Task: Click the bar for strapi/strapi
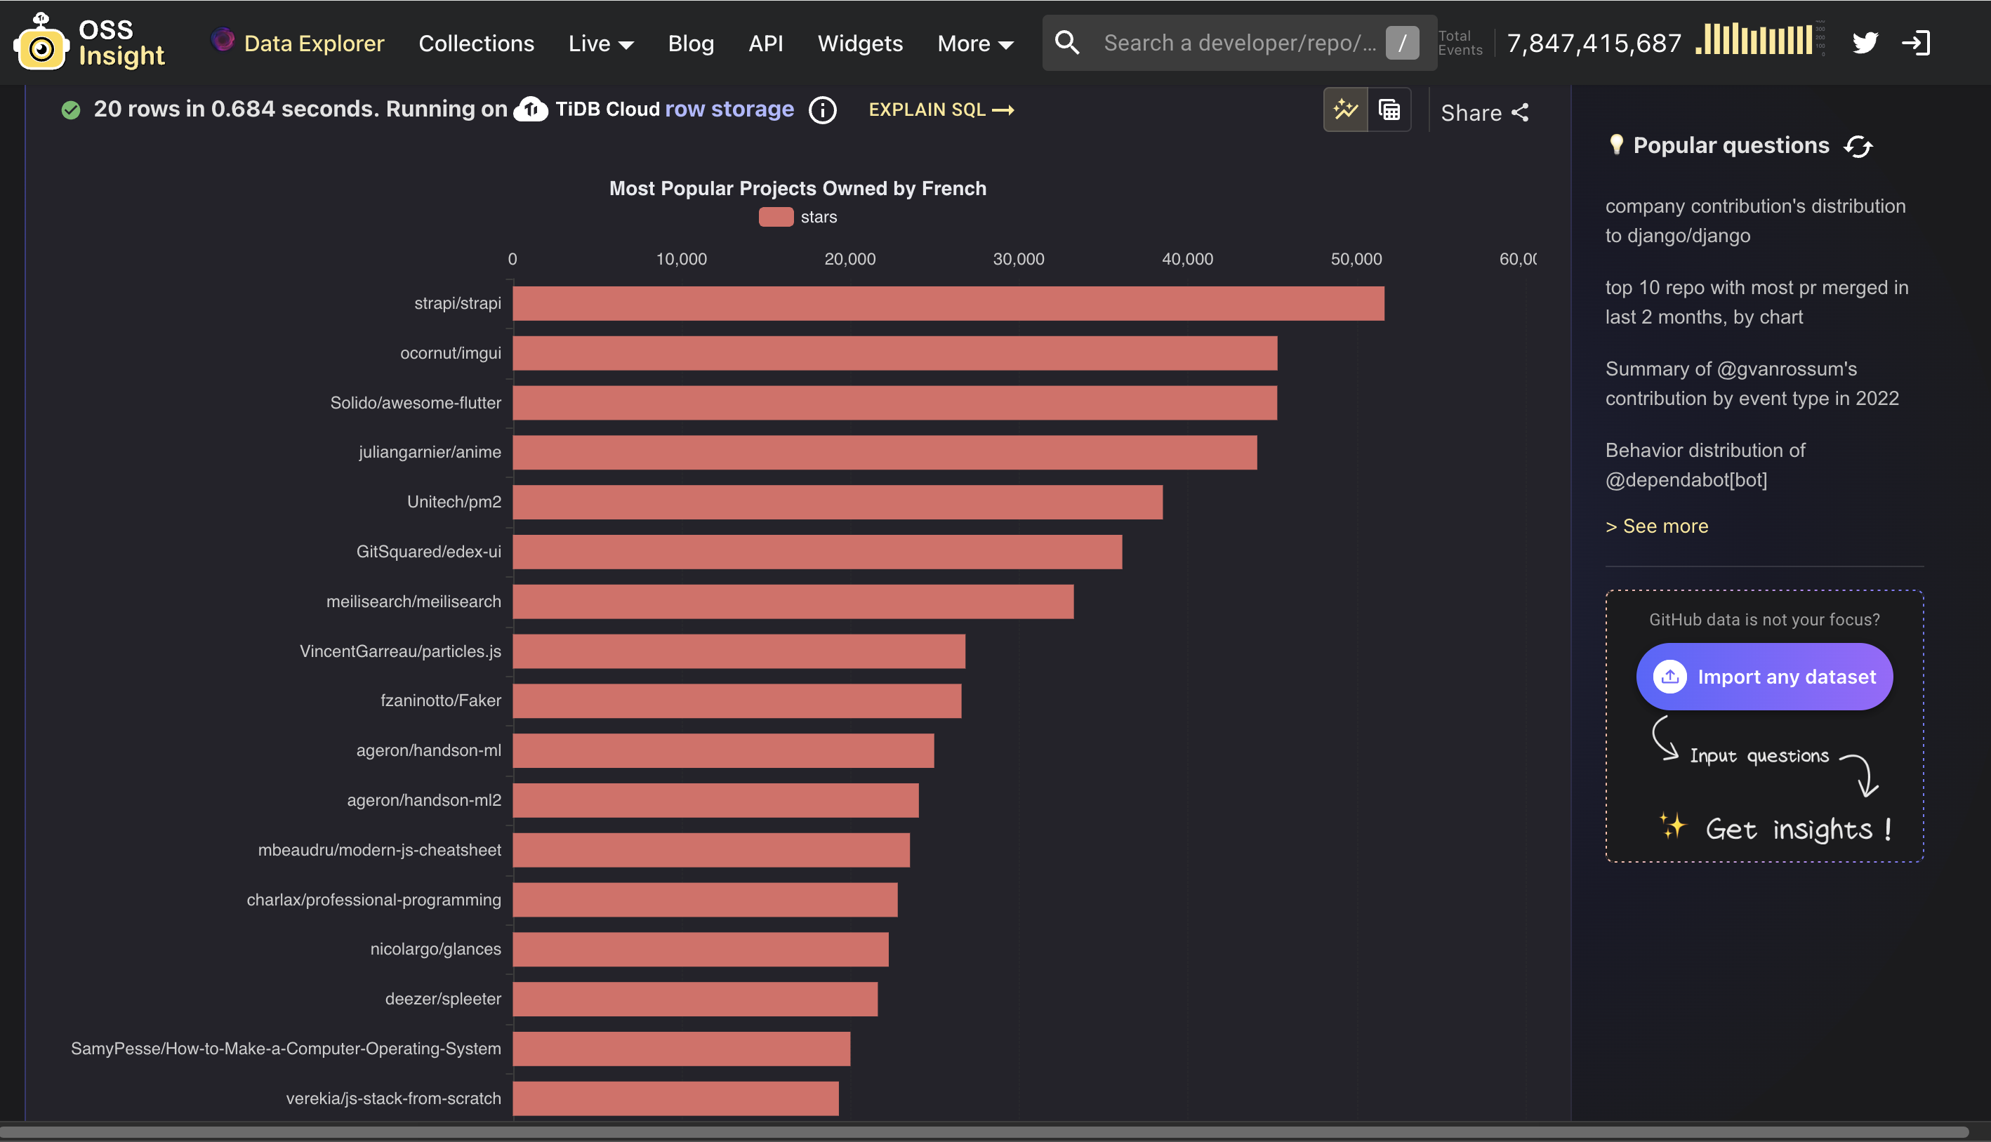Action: (x=948, y=303)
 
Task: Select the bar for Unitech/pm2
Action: (x=837, y=502)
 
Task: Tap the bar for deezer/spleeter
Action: (x=695, y=999)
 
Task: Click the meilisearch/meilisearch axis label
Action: (x=414, y=602)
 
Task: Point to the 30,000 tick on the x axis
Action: (x=1018, y=259)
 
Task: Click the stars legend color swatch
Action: (x=775, y=218)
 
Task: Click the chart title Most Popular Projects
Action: (x=797, y=188)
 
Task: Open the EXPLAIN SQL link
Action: (x=941, y=109)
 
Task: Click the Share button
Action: (x=1484, y=113)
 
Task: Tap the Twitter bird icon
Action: (x=1865, y=42)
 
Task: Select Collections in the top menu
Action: (x=476, y=43)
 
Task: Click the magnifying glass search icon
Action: (x=1067, y=42)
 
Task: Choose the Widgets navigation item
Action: (x=860, y=43)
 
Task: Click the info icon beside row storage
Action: (x=822, y=109)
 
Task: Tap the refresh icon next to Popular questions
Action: (x=1858, y=146)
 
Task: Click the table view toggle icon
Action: (x=1389, y=109)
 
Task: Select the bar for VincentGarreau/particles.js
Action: (x=738, y=651)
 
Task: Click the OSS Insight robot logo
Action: (x=41, y=43)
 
